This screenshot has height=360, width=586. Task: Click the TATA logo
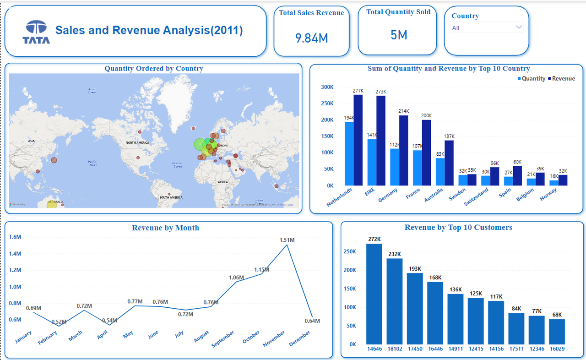pos(36,32)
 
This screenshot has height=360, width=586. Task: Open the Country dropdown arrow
pos(519,27)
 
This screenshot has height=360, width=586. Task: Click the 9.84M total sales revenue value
pos(311,38)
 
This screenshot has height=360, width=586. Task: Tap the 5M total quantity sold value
pos(398,35)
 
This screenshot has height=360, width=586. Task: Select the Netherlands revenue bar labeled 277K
pos(358,140)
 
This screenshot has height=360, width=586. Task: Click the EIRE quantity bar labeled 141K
pos(372,162)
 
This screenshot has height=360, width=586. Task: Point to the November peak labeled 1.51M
pos(287,245)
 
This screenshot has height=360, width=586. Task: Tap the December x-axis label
pos(299,338)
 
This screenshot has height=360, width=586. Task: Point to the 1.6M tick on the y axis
pos(15,237)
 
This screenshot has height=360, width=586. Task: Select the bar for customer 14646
pos(374,294)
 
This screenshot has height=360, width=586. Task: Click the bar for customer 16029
pos(557,332)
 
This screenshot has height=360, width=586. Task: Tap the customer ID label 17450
pos(415,349)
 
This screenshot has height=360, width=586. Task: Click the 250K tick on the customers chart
pos(349,251)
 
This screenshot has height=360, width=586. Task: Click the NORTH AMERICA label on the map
pos(137,143)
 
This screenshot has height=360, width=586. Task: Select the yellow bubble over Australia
pos(52,203)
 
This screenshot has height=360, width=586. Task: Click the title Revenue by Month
pos(165,228)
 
